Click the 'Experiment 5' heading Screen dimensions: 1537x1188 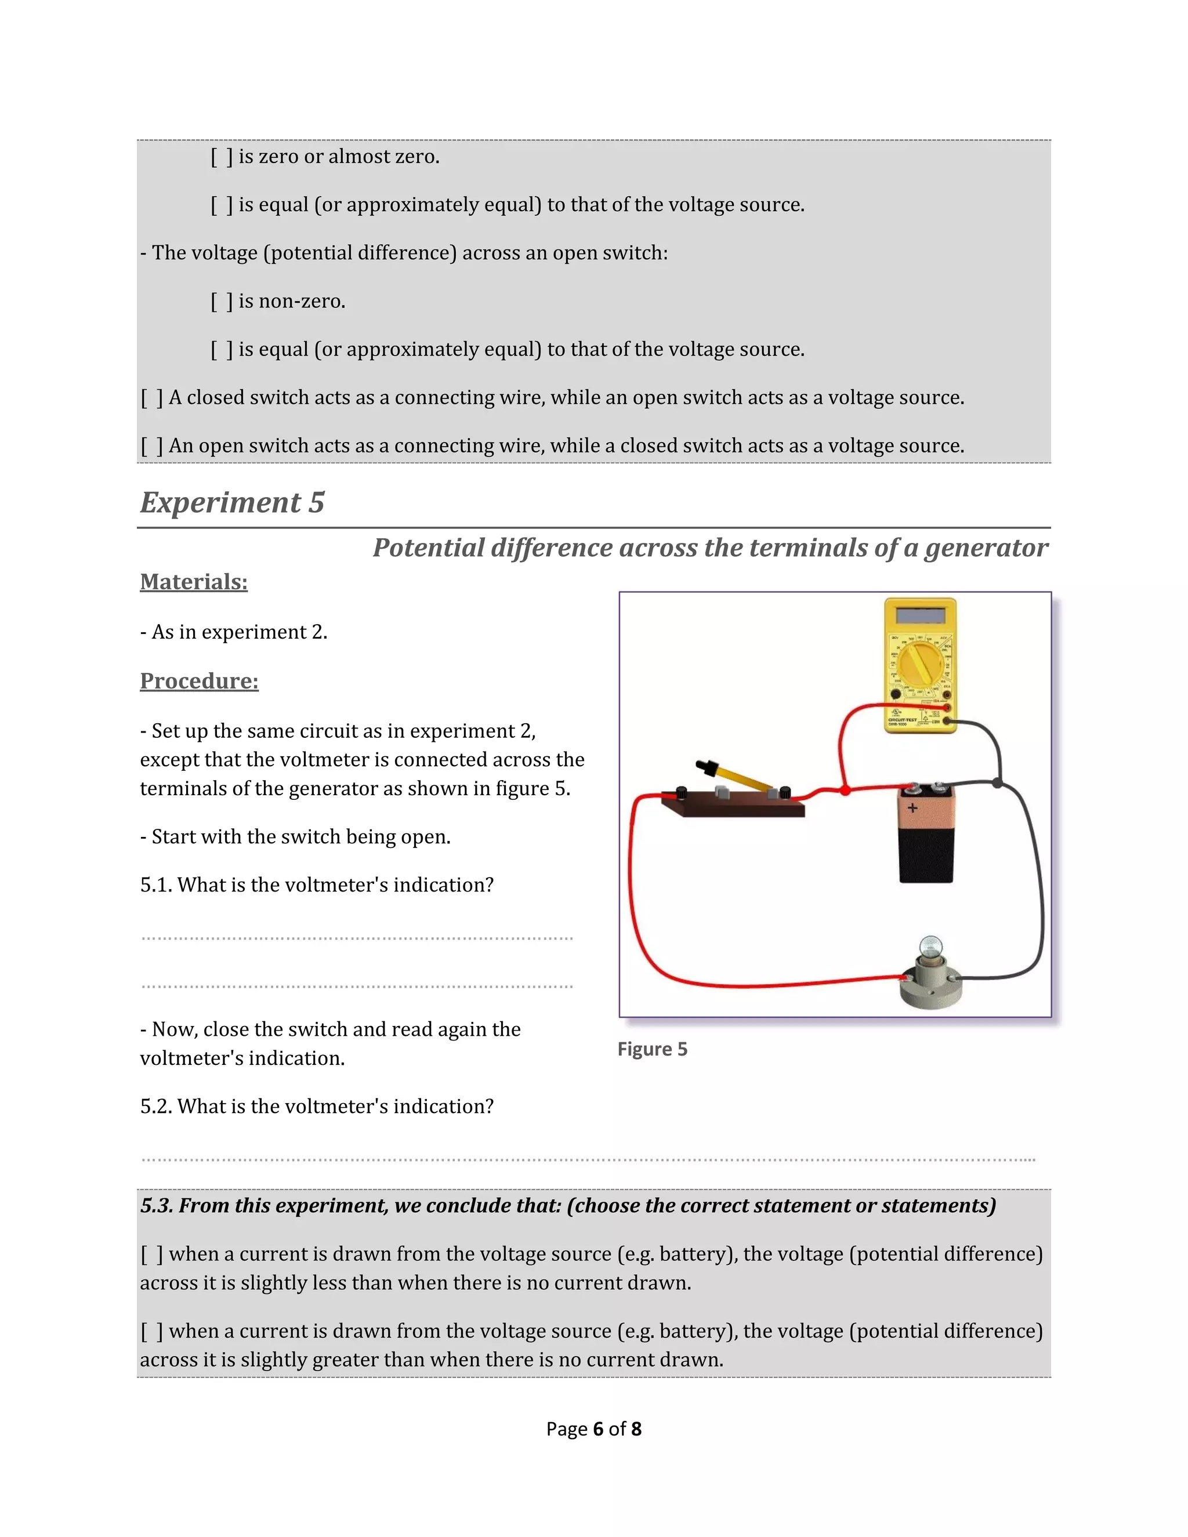[x=232, y=502]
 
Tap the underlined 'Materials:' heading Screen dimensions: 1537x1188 [x=194, y=582]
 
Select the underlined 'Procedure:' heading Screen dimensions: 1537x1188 [x=199, y=681]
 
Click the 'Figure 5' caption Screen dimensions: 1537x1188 [x=651, y=1049]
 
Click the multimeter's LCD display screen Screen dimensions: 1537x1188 [x=921, y=615]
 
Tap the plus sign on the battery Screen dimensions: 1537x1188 [x=912, y=808]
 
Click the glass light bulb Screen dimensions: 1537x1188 [x=931, y=947]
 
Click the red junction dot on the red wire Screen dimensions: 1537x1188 [x=845, y=791]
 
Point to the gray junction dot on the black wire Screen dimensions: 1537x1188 [x=997, y=782]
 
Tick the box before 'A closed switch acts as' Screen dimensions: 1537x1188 [x=151, y=398]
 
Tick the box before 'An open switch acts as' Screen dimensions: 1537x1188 [x=151, y=446]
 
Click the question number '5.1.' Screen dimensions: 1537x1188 [x=155, y=885]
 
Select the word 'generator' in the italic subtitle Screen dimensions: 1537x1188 [x=986, y=548]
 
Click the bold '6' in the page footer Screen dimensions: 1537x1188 [x=598, y=1429]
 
